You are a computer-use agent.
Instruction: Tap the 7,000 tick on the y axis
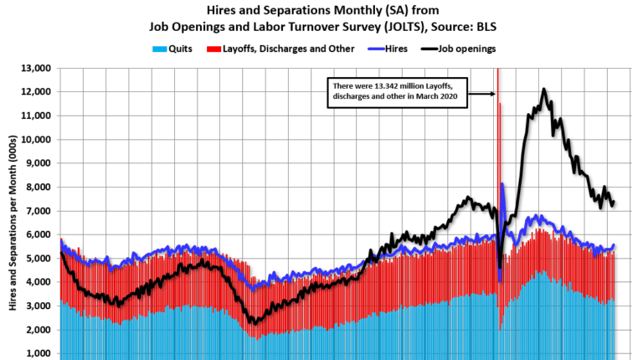click(x=37, y=211)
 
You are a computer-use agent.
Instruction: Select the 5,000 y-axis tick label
click(x=37, y=259)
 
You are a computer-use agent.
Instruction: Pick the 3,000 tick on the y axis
click(x=37, y=306)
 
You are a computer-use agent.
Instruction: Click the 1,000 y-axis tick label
click(x=37, y=354)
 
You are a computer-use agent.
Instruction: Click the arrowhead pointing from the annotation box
click(x=493, y=94)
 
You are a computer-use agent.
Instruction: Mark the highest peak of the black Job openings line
click(x=544, y=89)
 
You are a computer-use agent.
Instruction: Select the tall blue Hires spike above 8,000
click(x=502, y=184)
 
